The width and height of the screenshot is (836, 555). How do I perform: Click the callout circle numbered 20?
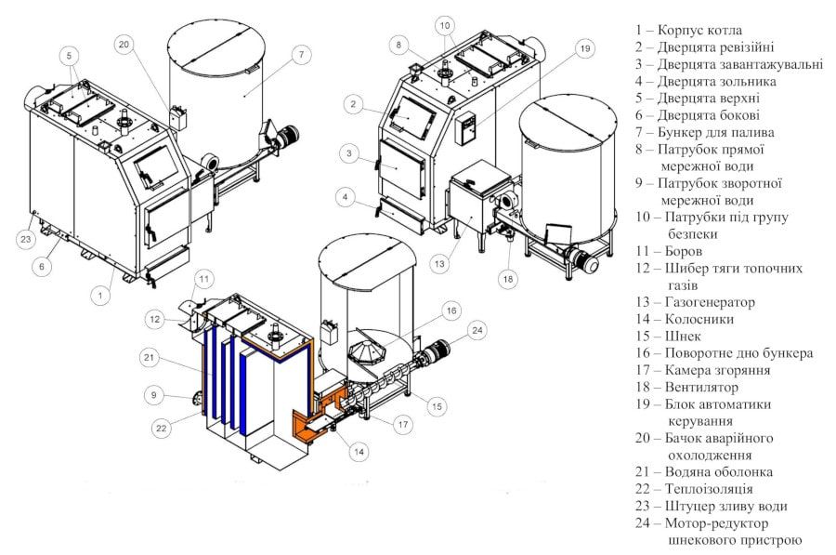[x=125, y=43]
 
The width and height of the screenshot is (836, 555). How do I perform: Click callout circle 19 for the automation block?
[x=583, y=48]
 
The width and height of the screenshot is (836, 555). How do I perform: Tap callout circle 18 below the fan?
[x=508, y=277]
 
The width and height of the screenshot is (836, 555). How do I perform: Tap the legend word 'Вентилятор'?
[x=703, y=387]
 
